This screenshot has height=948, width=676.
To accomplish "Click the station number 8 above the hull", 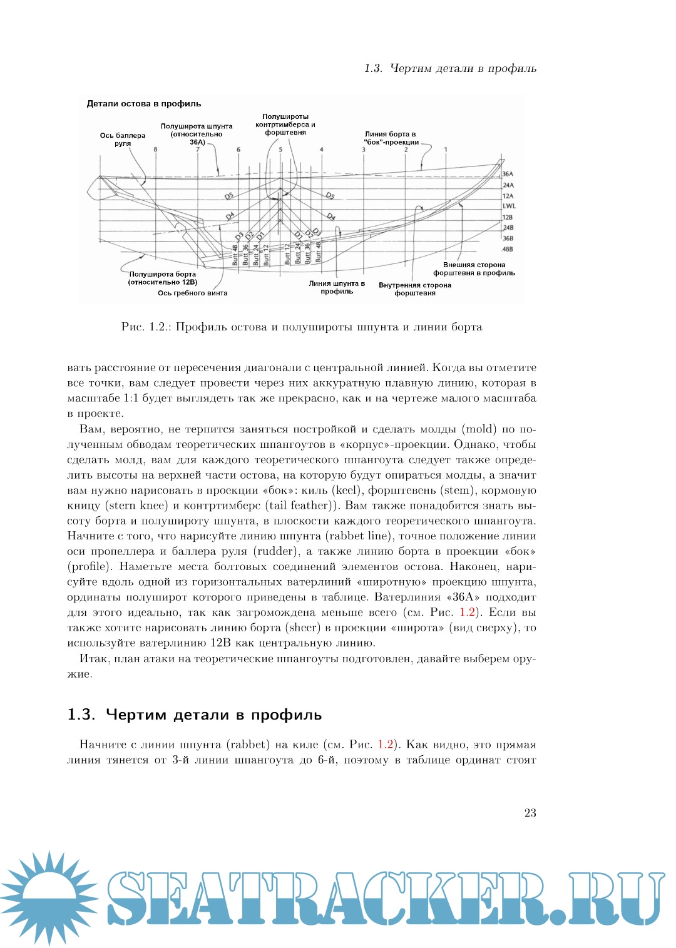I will coord(155,150).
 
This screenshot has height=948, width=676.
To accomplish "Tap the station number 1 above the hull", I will coord(446,150).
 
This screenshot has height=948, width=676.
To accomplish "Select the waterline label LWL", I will coord(509,206).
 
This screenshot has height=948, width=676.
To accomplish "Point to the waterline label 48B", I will coord(508,249).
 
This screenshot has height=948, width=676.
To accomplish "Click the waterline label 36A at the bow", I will coord(508,174).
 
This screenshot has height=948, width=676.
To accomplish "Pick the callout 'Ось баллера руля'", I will coord(123,140).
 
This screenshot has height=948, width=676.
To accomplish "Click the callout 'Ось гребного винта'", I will coord(193,293).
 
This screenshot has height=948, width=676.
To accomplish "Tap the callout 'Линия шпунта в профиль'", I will coord(337,287).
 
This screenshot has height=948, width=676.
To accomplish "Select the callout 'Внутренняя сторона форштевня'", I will coord(415,289).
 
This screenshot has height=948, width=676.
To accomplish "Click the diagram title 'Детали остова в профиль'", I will coord(144,104).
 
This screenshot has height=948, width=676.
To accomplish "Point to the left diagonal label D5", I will coord(229,196).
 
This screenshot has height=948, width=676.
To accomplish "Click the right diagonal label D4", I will coord(331,217).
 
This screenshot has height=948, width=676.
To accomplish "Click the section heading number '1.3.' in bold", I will coord(81,715).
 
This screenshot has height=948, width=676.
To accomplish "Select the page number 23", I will coord(530,813).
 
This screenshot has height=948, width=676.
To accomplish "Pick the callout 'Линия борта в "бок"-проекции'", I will coord(391,138).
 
